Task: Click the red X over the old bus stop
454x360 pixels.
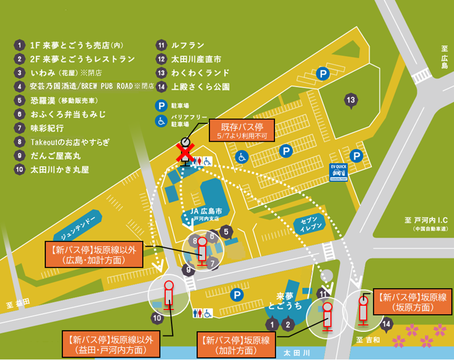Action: click(185, 153)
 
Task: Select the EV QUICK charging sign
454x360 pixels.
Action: click(339, 173)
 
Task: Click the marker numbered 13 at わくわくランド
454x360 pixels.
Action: click(350, 100)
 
